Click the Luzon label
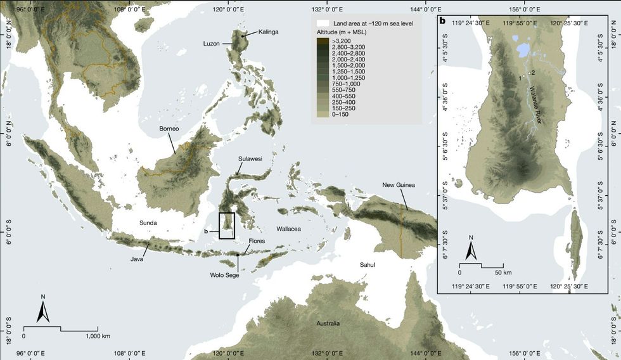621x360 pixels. tap(211, 44)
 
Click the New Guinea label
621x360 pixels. tap(398, 185)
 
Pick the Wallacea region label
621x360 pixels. tap(291, 227)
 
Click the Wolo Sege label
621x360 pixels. tap(224, 275)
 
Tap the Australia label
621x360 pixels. tap(328, 323)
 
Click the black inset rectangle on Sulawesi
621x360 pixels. tap(226, 226)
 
